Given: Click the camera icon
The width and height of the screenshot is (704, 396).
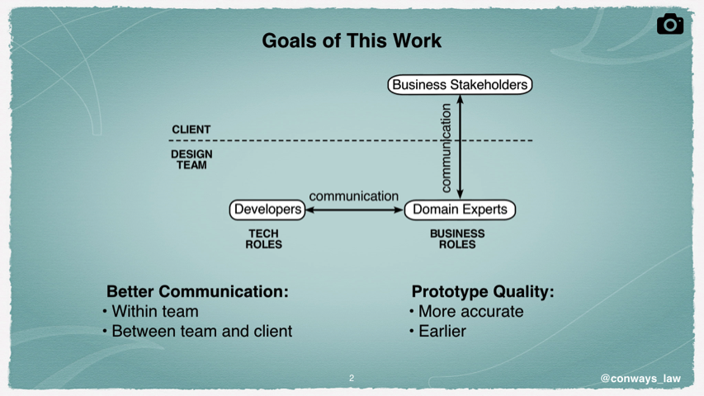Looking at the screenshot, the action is pyautogui.click(x=670, y=24).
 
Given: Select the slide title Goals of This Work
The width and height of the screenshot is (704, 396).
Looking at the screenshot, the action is pyautogui.click(x=352, y=40).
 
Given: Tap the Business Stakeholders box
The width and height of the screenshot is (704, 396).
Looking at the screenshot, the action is pyautogui.click(x=460, y=84).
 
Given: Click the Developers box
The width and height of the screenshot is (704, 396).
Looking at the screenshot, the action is pyautogui.click(x=267, y=210).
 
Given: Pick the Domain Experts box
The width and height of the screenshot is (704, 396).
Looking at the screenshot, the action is pyautogui.click(x=460, y=210).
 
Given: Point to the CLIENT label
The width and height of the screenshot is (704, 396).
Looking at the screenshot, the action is pyautogui.click(x=191, y=130).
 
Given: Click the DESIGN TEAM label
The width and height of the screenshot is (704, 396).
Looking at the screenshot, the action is pyautogui.click(x=191, y=159).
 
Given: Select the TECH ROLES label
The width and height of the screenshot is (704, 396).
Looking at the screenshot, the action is pyautogui.click(x=263, y=239).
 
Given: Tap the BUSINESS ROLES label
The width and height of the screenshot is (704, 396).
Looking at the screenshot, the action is pyautogui.click(x=457, y=239).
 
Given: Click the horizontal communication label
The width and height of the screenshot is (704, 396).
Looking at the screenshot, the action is pyautogui.click(x=354, y=196).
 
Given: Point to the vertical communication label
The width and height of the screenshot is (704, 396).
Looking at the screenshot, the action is pyautogui.click(x=446, y=148).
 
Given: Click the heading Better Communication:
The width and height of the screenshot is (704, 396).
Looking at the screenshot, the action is pyautogui.click(x=197, y=291).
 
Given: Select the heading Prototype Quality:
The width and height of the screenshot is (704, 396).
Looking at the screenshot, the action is pyautogui.click(x=483, y=291).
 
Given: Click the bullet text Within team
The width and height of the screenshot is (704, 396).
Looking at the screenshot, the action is pyautogui.click(x=155, y=311).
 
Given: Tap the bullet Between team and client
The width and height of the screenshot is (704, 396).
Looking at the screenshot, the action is pyautogui.click(x=202, y=331).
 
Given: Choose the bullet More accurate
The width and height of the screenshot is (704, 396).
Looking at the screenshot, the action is pyautogui.click(x=471, y=311).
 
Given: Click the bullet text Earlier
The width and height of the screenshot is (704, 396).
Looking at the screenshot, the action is pyautogui.click(x=442, y=331).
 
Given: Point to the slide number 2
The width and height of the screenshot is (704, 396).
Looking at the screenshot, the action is pyautogui.click(x=352, y=378).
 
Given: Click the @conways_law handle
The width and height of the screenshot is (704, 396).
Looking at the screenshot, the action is pyautogui.click(x=640, y=379).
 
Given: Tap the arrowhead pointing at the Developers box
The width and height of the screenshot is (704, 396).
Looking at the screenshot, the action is pyautogui.click(x=309, y=210).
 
